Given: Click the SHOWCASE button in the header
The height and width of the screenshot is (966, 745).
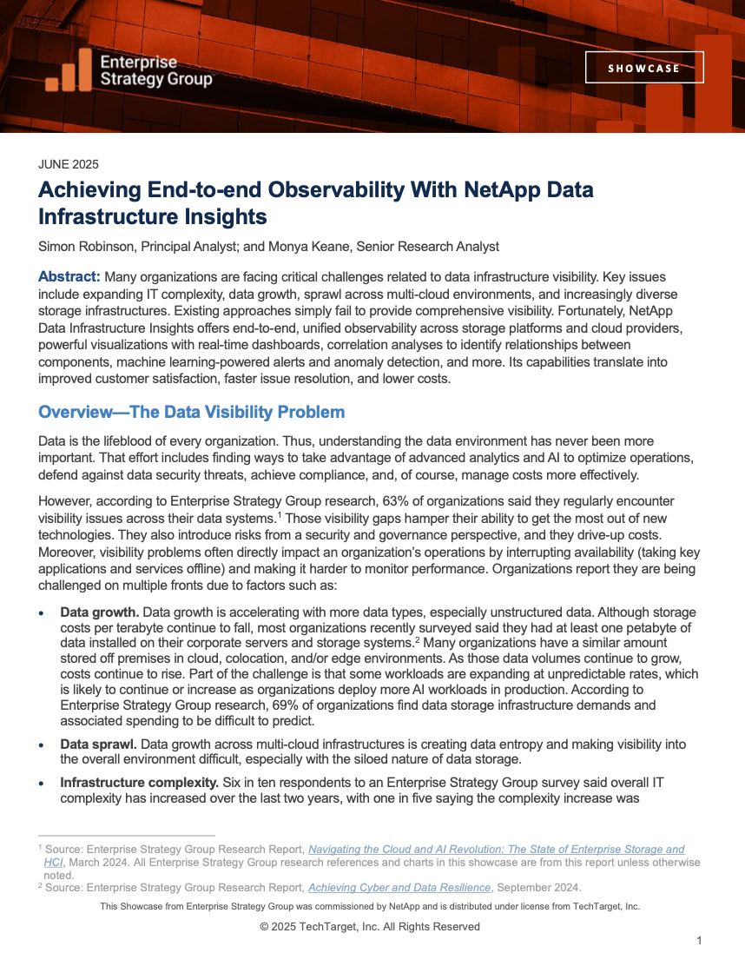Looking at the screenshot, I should pyautogui.click(x=643, y=68).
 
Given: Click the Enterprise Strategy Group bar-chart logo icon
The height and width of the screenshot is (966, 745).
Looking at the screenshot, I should pyautogui.click(x=69, y=71).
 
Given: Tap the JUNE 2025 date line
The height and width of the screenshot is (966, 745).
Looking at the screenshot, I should pyautogui.click(x=69, y=164).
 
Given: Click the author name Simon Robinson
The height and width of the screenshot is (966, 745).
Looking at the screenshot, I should pyautogui.click(x=87, y=246).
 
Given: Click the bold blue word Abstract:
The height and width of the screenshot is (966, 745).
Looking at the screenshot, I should pyautogui.click(x=69, y=277).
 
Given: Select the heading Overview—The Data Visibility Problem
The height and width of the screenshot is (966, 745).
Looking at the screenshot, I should pyautogui.click(x=191, y=412).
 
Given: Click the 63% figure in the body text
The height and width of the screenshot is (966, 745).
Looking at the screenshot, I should pyautogui.click(x=369, y=503).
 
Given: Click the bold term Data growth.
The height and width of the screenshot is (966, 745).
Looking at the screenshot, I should pyautogui.click(x=98, y=612).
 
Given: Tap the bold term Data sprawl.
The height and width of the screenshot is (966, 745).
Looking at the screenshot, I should pyautogui.click(x=98, y=744).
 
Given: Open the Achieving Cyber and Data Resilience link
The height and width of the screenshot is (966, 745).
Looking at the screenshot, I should pyautogui.click(x=400, y=887).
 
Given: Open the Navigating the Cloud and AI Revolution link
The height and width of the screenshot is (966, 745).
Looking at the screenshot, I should pyautogui.click(x=496, y=849).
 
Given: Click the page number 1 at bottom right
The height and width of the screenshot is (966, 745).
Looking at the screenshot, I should pyautogui.click(x=699, y=940).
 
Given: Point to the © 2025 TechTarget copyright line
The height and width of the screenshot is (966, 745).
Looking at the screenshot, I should pyautogui.click(x=370, y=926).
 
